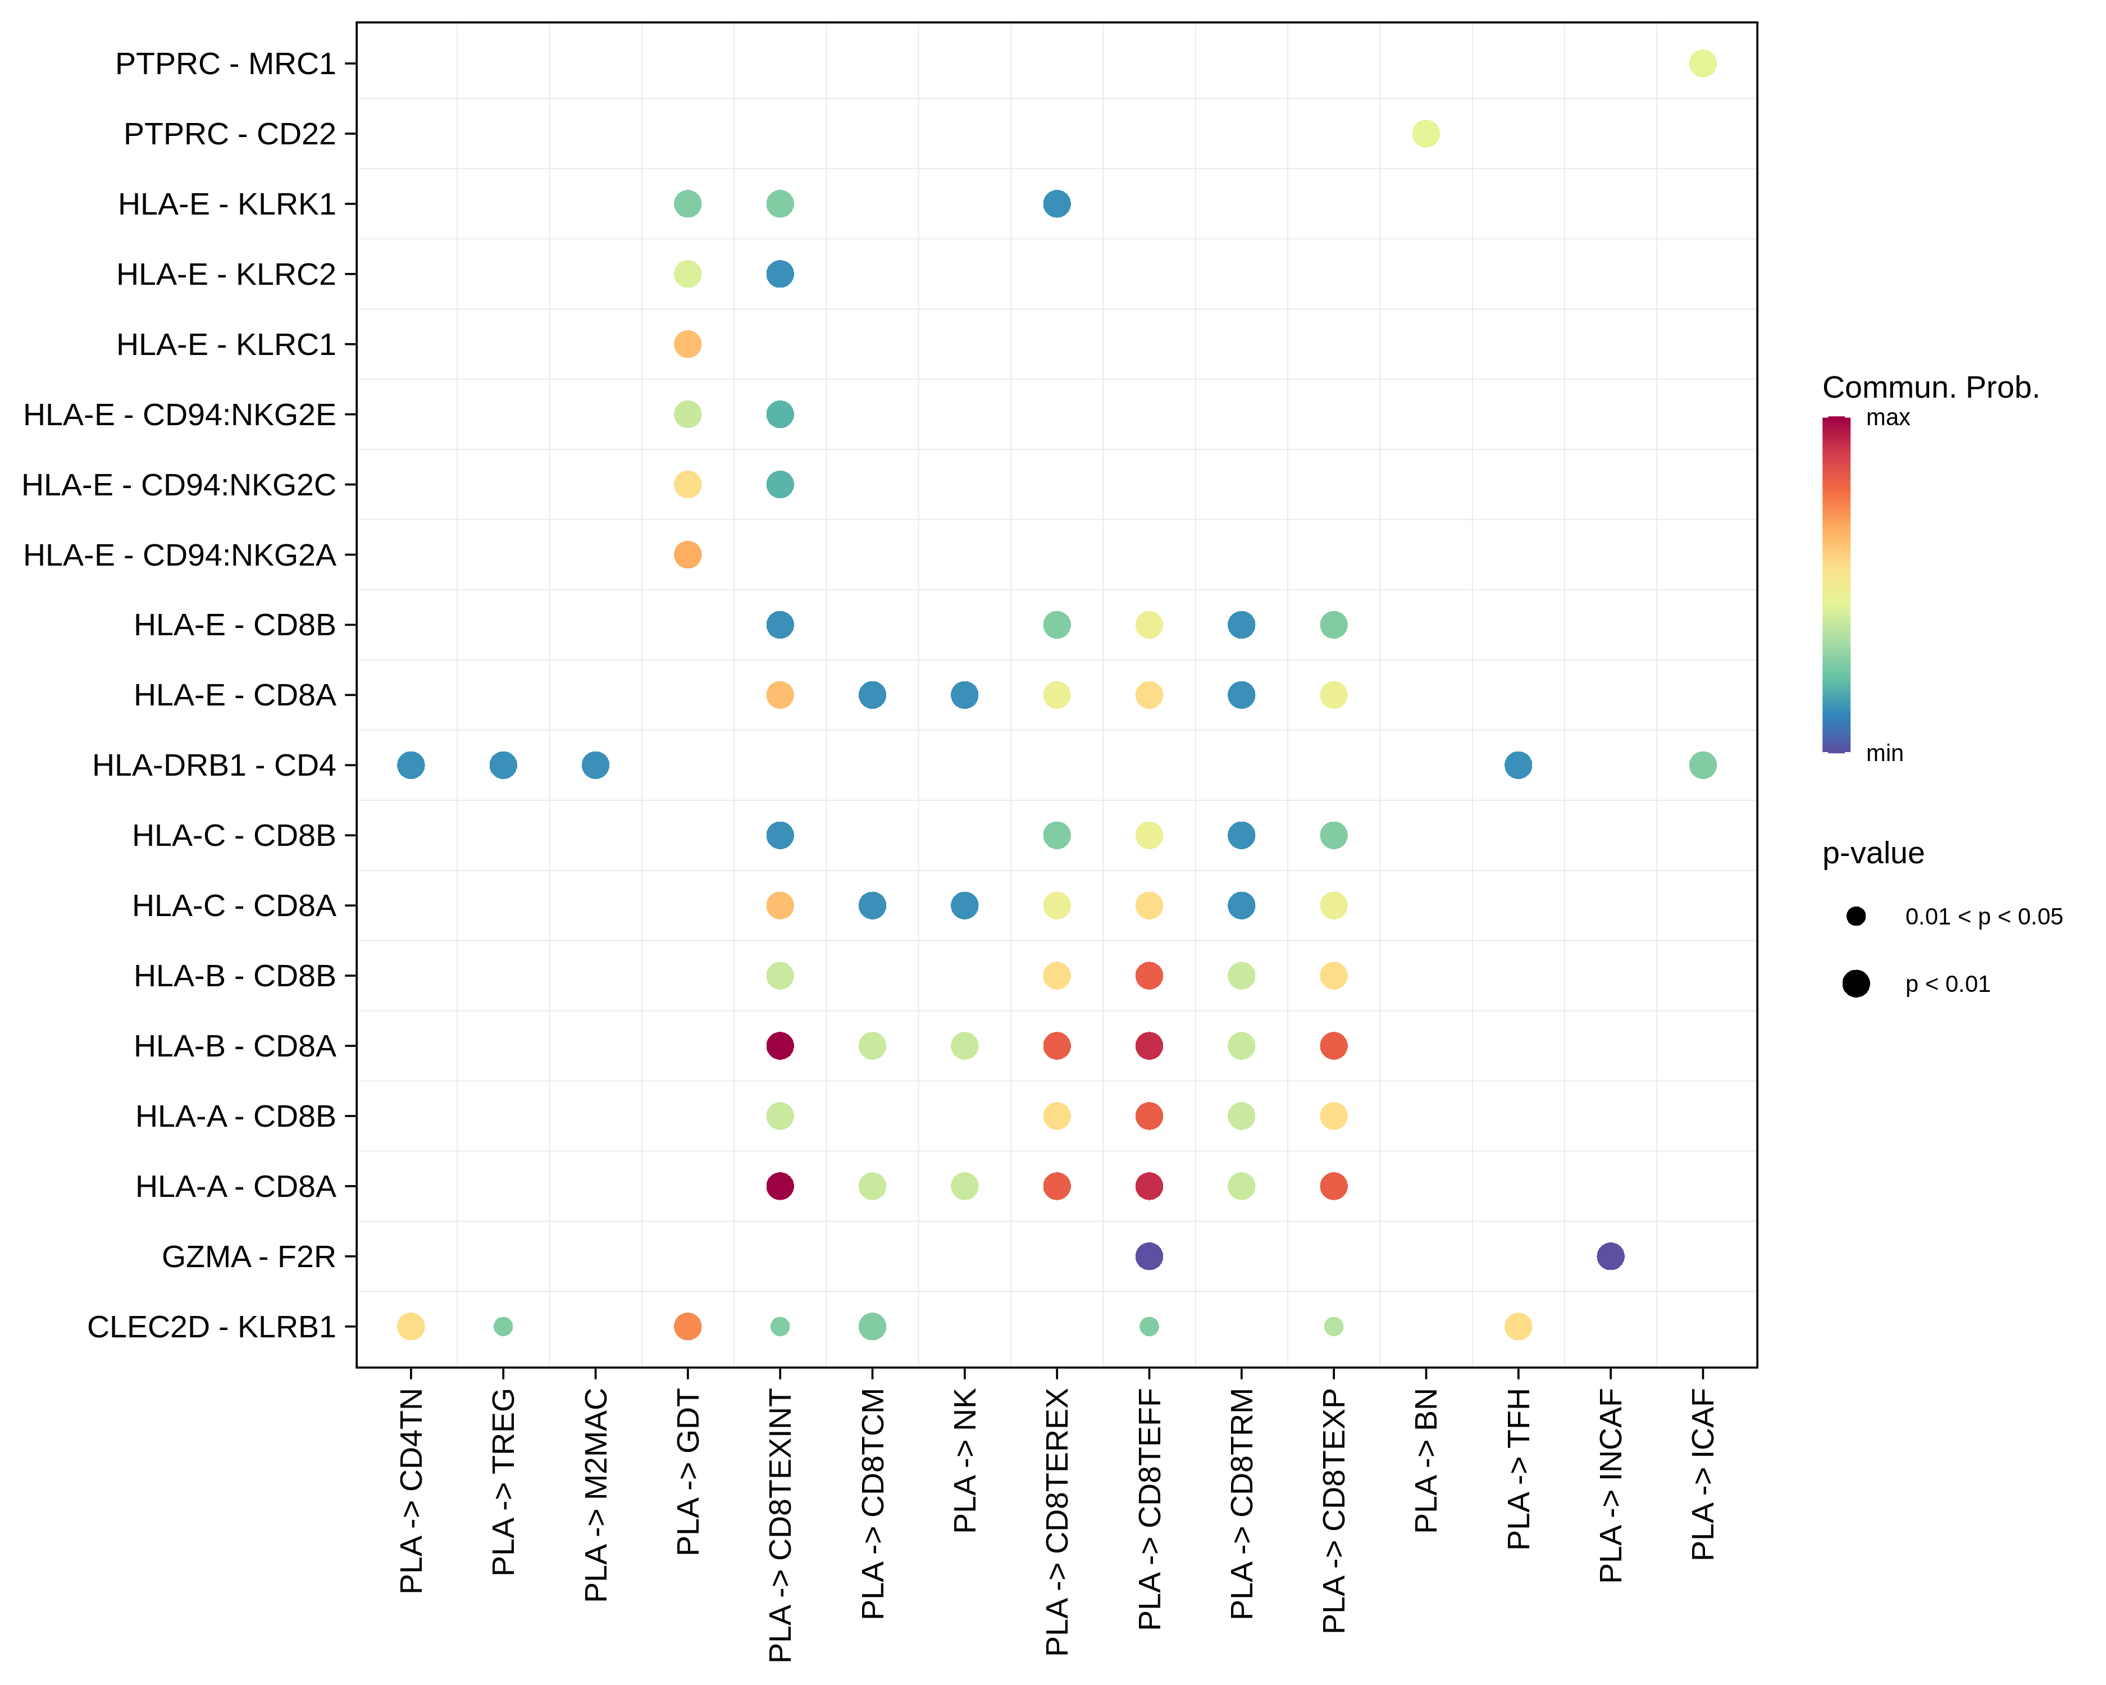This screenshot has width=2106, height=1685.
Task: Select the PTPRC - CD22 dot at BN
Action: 1425,134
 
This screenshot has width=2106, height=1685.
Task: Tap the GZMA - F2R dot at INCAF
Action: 1610,1256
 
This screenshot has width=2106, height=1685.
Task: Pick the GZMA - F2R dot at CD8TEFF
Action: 1148,1256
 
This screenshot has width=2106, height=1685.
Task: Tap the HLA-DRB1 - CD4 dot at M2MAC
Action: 595,765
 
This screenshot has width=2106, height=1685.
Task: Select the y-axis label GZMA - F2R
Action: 248,1256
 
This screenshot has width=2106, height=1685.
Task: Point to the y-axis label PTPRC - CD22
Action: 230,134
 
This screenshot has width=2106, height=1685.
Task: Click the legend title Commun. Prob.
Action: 1930,388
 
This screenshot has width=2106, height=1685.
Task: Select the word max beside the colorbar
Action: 1887,418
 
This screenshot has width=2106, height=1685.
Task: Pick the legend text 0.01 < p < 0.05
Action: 1983,916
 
